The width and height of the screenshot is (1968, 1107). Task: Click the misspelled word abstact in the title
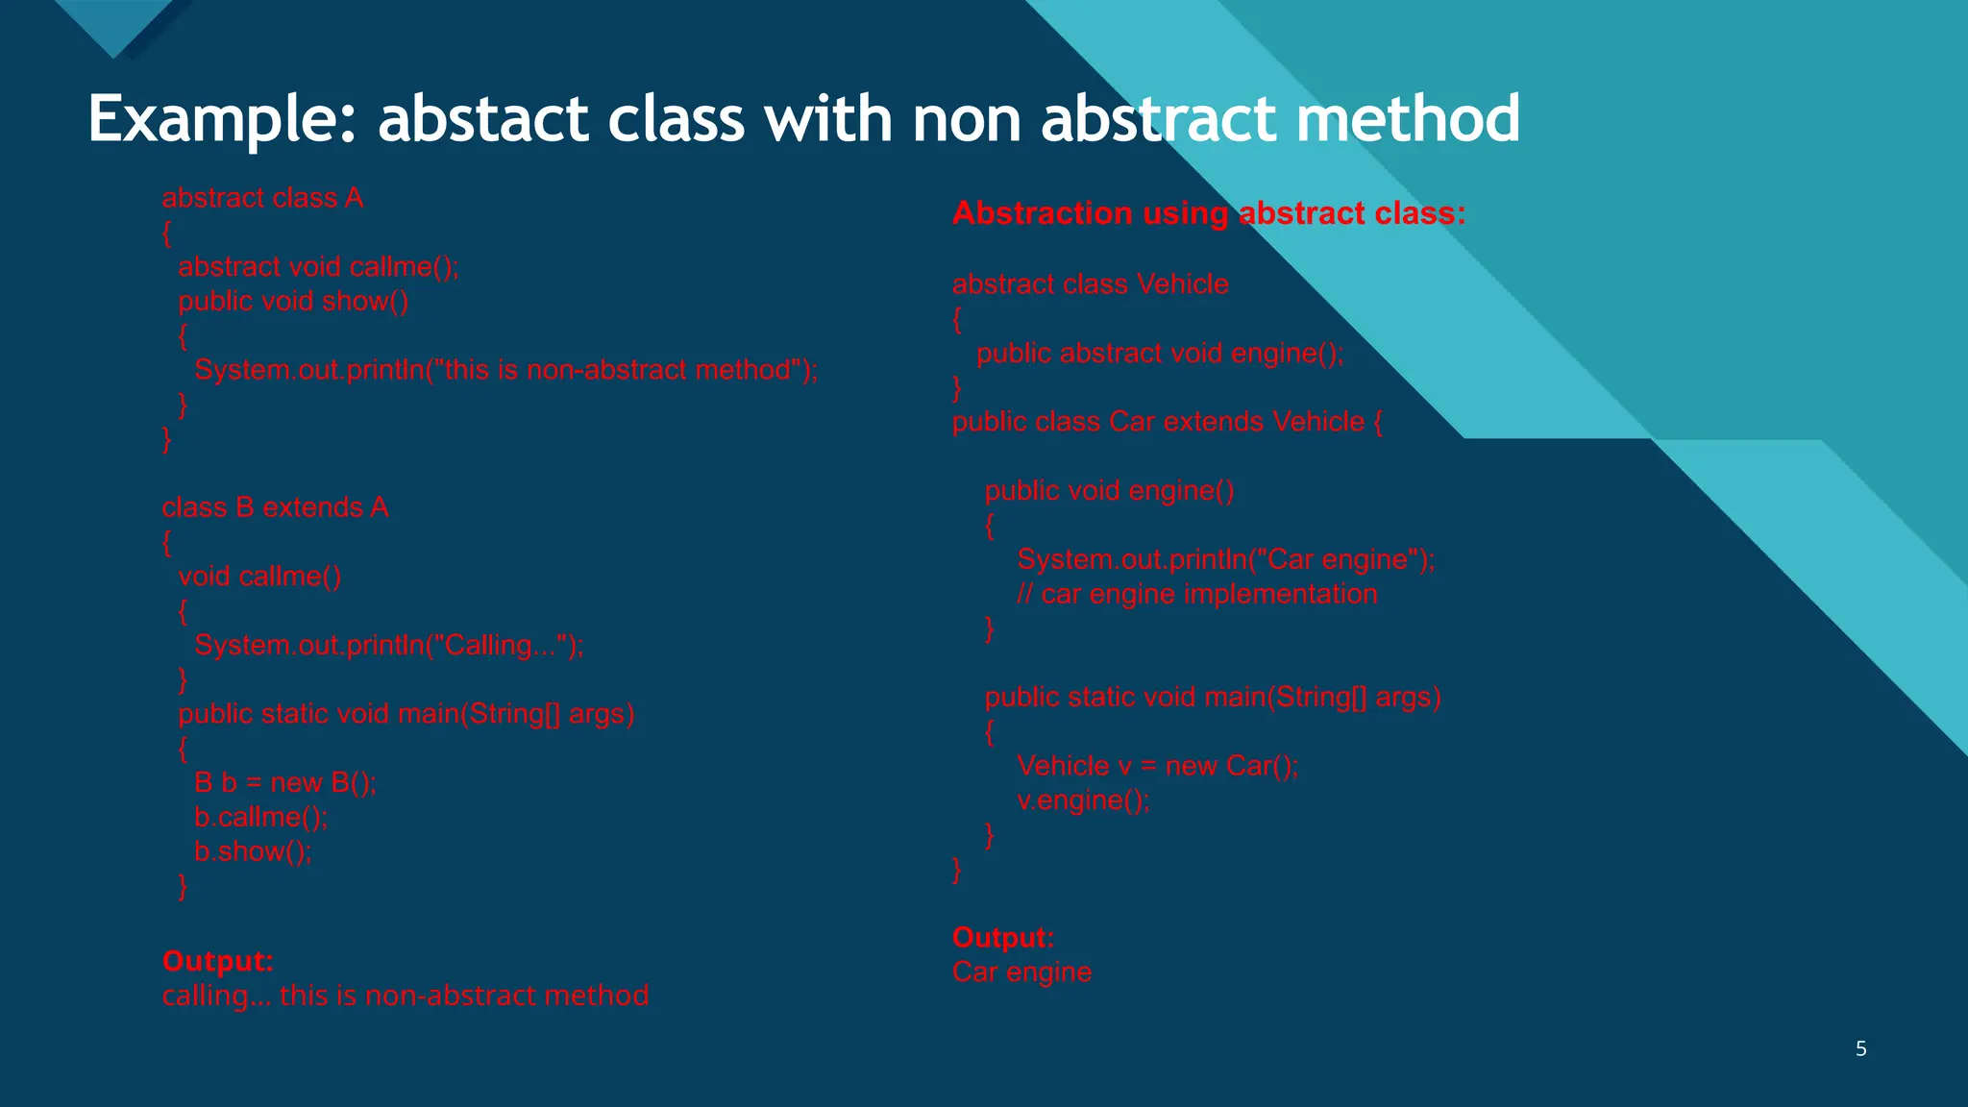pyautogui.click(x=482, y=120)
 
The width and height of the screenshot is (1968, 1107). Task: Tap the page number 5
pyautogui.click(x=1860, y=1048)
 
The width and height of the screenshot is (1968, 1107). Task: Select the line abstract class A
pyautogui.click(x=262, y=198)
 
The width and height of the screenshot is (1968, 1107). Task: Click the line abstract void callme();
pyautogui.click(x=318, y=267)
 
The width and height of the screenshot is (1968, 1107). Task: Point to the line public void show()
pyautogui.click(x=293, y=302)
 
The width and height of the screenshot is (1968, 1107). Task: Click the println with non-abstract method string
pyautogui.click(x=505, y=370)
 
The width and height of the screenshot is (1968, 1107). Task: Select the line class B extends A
pyautogui.click(x=275, y=507)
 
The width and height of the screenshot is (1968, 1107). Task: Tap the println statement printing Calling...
pyautogui.click(x=388, y=645)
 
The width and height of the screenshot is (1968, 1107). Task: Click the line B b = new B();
pyautogui.click(x=285, y=782)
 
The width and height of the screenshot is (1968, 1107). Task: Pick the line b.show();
pyautogui.click(x=253, y=851)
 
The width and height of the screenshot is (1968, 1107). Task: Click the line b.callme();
pyautogui.click(x=260, y=817)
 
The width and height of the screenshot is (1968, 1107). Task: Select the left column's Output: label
pyautogui.click(x=218, y=961)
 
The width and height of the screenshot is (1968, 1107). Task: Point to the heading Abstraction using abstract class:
pyautogui.click(x=1208, y=213)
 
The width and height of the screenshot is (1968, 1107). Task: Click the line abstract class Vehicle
pyautogui.click(x=1090, y=284)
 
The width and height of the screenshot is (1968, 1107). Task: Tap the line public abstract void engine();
pyautogui.click(x=1160, y=354)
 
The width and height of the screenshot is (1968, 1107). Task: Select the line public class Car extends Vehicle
pyautogui.click(x=1167, y=422)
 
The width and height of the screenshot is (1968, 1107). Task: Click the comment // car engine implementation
pyautogui.click(x=1196, y=594)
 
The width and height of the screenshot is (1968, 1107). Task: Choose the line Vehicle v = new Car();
pyautogui.click(x=1157, y=766)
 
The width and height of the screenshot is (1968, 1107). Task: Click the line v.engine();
pyautogui.click(x=1083, y=800)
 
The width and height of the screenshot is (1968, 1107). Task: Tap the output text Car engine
pyautogui.click(x=1021, y=972)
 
